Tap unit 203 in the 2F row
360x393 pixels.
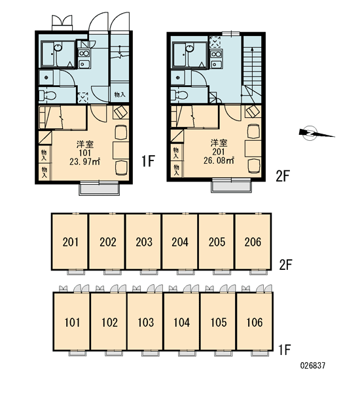(x=144, y=242)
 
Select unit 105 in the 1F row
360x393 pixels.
(x=219, y=322)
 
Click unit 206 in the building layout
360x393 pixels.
(x=253, y=242)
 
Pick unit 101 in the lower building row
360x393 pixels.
(x=72, y=322)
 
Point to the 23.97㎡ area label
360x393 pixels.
(x=85, y=161)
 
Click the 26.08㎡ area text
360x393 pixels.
(x=219, y=160)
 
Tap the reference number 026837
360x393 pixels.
(x=313, y=365)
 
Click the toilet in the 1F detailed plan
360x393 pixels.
(x=48, y=96)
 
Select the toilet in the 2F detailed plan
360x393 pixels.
(x=179, y=95)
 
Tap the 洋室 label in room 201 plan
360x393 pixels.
(x=219, y=143)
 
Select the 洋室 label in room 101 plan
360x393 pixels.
(x=85, y=144)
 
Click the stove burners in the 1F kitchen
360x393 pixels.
(x=84, y=53)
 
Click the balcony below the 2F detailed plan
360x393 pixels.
(x=231, y=186)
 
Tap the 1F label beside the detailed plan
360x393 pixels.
(x=148, y=161)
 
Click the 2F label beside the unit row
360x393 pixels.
(x=285, y=265)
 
